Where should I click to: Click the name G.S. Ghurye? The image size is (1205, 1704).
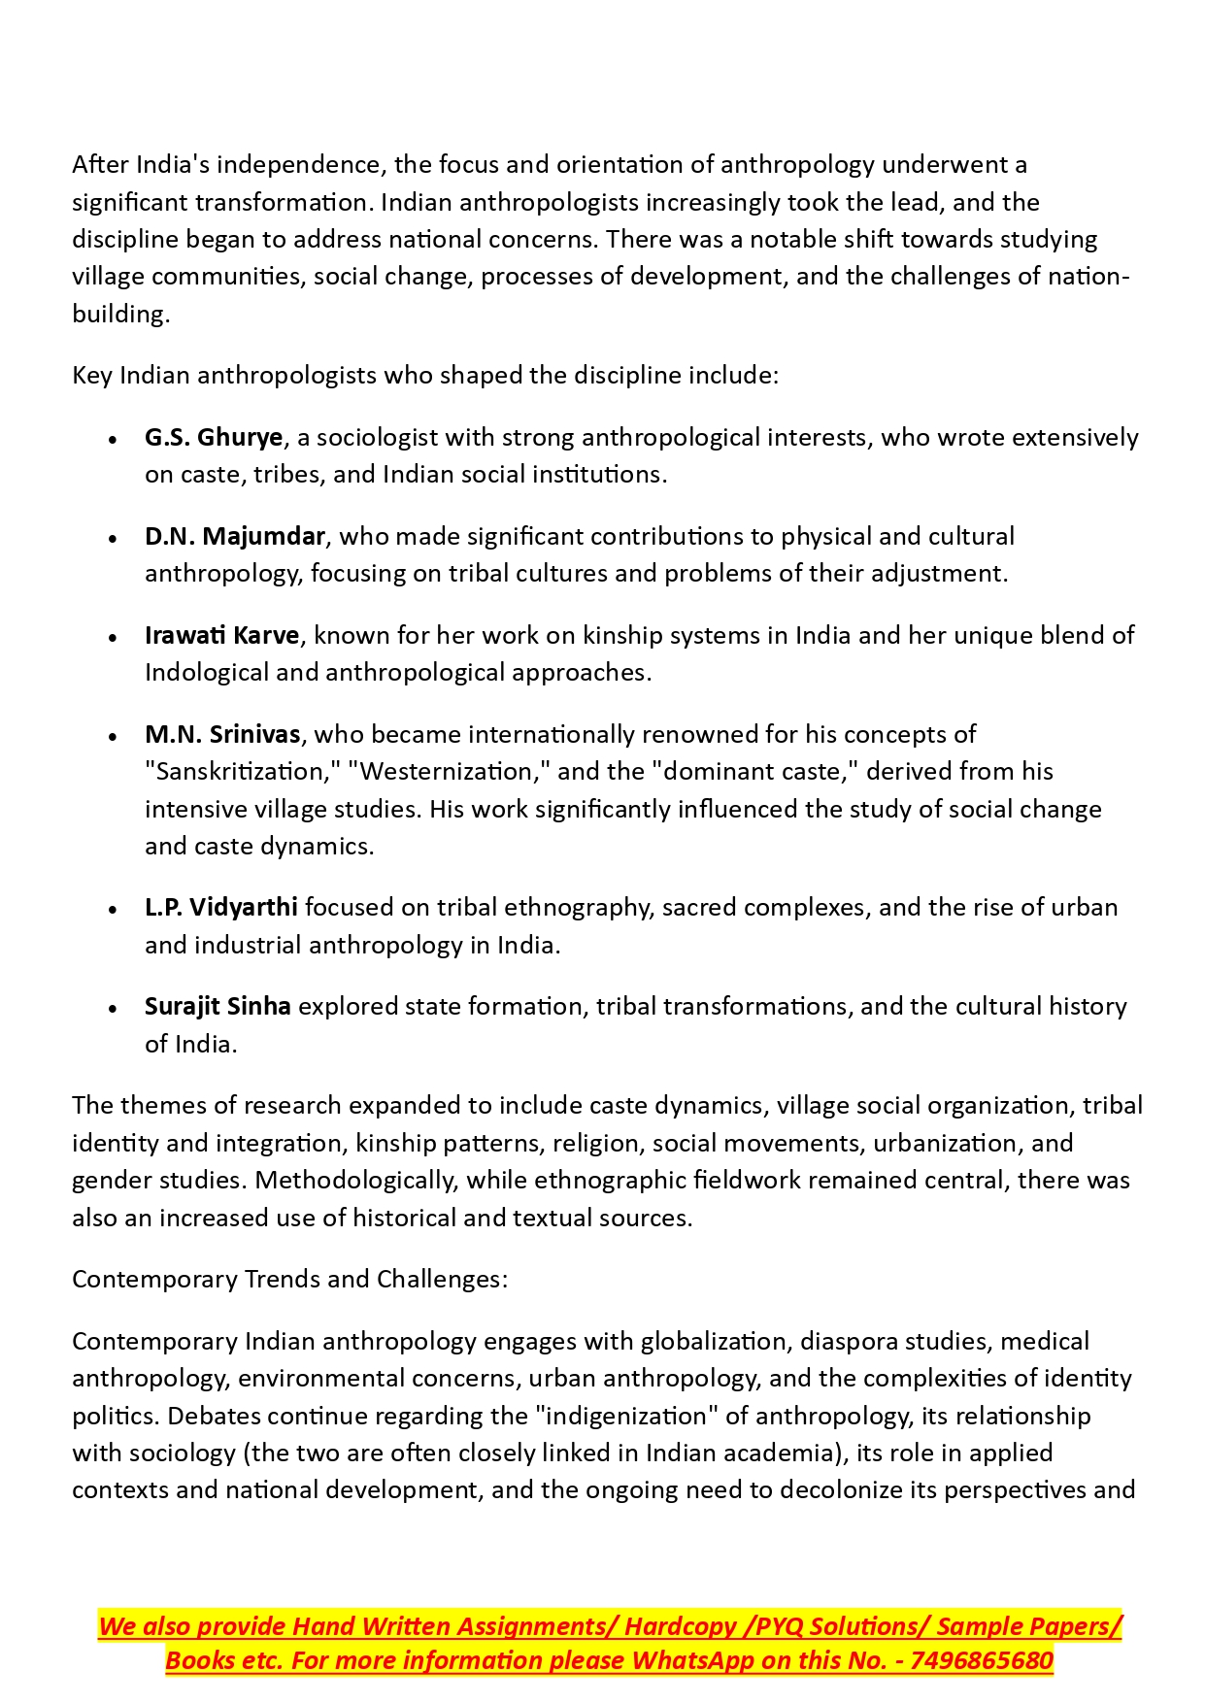[214, 438]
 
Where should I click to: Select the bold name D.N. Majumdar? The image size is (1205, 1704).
[234, 537]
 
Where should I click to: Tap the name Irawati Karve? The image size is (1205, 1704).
[221, 636]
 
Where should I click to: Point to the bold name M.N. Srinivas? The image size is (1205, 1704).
[222, 735]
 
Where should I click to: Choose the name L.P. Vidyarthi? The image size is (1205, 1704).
[220, 908]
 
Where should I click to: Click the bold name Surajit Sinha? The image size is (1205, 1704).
[218, 1007]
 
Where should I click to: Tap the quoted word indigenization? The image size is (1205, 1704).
[626, 1417]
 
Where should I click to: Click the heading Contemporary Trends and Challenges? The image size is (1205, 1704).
[289, 1280]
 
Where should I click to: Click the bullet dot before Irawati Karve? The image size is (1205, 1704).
[114, 638]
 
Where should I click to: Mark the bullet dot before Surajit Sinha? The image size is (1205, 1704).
[114, 1009]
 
